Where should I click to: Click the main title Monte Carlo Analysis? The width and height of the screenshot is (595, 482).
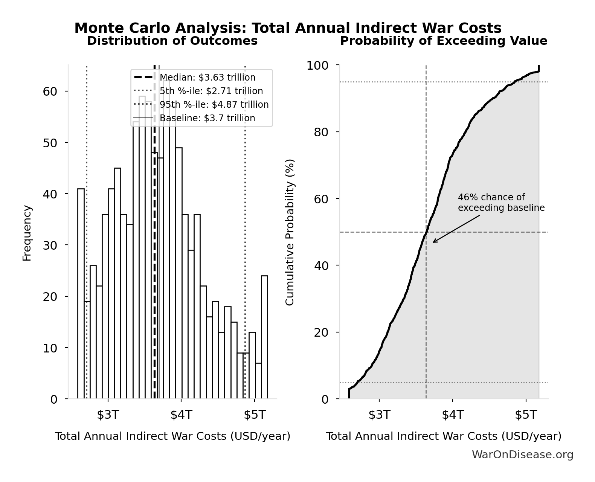pos(288,28)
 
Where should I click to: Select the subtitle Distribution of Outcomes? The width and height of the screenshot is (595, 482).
pos(172,41)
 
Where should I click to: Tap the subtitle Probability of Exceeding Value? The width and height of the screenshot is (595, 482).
pos(444,41)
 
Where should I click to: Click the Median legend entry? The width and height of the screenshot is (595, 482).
pos(207,78)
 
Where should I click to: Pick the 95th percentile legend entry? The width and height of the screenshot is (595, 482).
pos(214,105)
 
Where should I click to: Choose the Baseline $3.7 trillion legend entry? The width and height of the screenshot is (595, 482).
pos(207,118)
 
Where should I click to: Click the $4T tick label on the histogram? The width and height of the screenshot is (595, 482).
pos(181,415)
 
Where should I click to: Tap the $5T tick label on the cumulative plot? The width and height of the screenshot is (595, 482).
pos(526,415)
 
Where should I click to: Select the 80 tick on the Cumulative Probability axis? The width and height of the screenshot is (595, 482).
pos(321,132)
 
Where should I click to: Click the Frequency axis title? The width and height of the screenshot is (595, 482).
pos(27,233)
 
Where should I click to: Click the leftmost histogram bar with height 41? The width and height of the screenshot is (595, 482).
pos(81,294)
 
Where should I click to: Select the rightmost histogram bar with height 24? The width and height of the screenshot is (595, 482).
pos(264,337)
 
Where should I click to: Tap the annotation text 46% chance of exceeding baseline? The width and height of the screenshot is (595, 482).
pos(501,203)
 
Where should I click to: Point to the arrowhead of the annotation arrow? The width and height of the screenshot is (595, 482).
pos(434,242)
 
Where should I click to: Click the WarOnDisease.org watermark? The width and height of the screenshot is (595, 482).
pos(522,455)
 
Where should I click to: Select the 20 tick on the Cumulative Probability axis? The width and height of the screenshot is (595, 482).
pos(321,333)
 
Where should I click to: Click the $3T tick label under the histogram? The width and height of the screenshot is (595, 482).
pos(108,415)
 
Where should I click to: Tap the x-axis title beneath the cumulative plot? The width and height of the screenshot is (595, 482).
pos(444,436)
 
